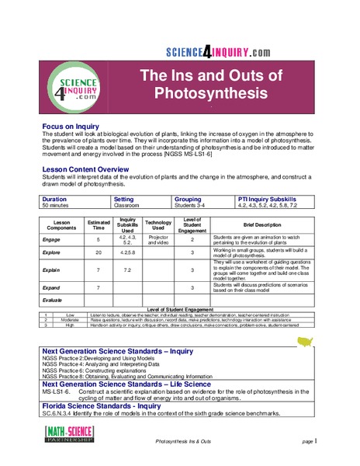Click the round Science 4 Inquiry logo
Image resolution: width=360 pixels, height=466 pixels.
tap(74, 85)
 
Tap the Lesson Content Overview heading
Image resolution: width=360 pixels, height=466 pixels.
tap(90, 168)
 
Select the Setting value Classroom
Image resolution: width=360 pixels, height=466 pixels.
tap(126, 206)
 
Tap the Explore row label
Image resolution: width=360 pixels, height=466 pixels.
tap(56, 253)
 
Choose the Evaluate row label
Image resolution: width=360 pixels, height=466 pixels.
tap(57, 299)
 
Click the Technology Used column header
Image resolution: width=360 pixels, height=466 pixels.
tap(157, 224)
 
